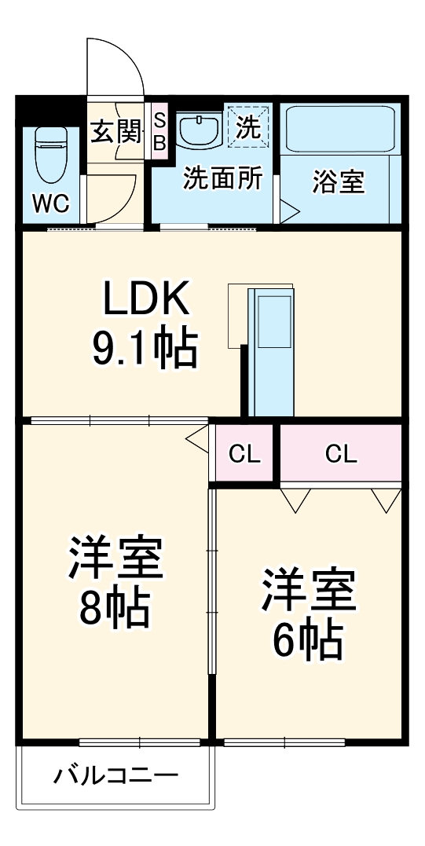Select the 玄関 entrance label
[115, 131]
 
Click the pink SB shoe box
[159, 131]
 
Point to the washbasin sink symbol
[199, 129]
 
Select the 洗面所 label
[222, 178]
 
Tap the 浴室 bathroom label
[338, 181]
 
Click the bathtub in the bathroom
[341, 129]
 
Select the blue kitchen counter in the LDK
[272, 350]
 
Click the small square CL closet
[244, 453]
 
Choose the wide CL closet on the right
[341, 453]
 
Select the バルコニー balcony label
[115, 777]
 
